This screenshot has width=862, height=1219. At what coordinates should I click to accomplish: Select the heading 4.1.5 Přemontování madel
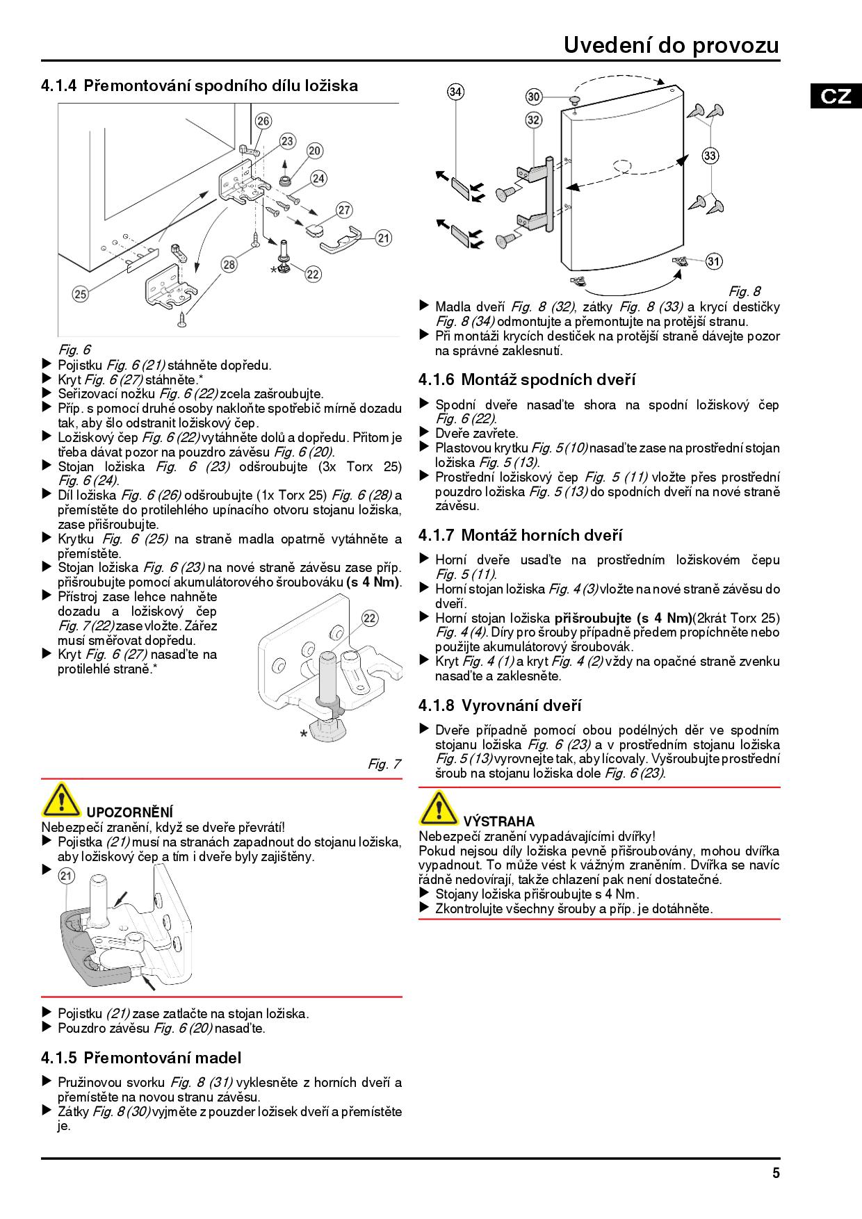[x=141, y=1058]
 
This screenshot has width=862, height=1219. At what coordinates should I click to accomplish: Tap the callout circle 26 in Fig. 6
[x=263, y=121]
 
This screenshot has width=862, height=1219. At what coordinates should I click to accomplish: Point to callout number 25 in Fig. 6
[x=81, y=294]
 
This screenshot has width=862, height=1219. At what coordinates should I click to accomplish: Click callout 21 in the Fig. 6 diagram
[x=384, y=238]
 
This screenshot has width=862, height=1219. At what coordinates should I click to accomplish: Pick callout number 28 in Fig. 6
[x=229, y=264]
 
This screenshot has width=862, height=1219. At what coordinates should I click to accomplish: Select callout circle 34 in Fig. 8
[x=455, y=92]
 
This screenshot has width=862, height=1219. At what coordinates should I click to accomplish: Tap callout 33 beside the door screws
[x=710, y=156]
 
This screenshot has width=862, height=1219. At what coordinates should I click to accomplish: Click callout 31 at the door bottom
[x=714, y=261]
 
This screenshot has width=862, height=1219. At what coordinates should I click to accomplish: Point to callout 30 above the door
[x=534, y=97]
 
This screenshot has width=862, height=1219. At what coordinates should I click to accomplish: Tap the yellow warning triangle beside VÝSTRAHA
[x=439, y=808]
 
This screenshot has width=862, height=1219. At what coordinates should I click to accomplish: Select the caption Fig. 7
[x=384, y=764]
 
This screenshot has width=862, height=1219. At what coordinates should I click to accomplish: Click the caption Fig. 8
[x=744, y=291]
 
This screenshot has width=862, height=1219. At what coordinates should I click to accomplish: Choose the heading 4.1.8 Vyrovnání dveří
[x=500, y=705]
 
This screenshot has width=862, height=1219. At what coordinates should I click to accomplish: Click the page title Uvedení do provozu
[x=671, y=45]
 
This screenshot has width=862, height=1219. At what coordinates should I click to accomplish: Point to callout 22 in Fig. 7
[x=370, y=619]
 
